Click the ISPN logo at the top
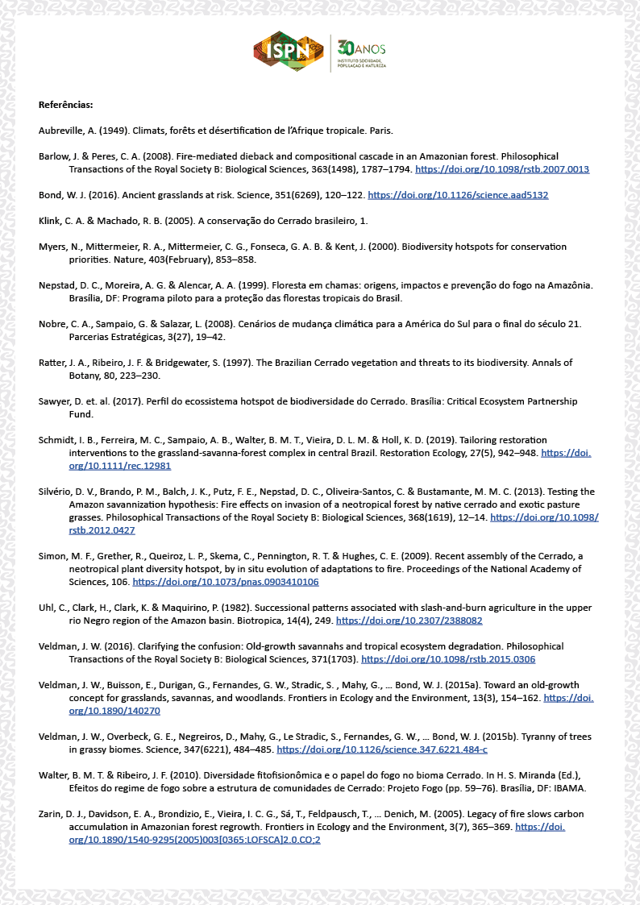(x=289, y=52)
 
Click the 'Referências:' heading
(x=65, y=105)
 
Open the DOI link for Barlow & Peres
(x=501, y=169)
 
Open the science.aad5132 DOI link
(x=458, y=195)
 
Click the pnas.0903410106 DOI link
(x=226, y=582)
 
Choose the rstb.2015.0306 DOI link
(x=448, y=659)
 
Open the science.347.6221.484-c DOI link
(x=381, y=749)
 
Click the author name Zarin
(x=52, y=814)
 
